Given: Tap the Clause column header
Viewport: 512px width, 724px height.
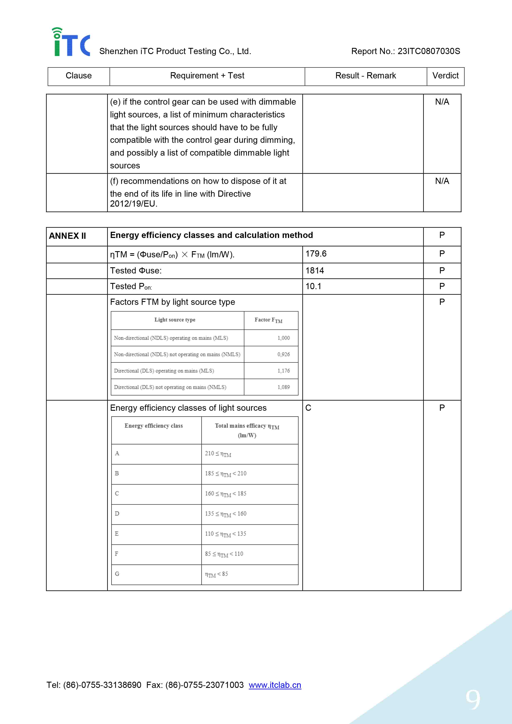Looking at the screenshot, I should click(x=78, y=76).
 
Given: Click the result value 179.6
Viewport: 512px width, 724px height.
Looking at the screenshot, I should click(x=316, y=254).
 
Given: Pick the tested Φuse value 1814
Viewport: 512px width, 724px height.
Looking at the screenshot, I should click(x=315, y=271).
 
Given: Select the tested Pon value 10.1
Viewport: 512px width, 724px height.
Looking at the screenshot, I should click(x=313, y=286).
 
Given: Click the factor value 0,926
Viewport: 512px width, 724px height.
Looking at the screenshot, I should click(x=283, y=354).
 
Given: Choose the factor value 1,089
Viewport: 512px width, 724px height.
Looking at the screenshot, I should click(x=283, y=387).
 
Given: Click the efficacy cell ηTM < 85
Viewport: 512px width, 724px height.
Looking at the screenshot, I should click(x=216, y=574).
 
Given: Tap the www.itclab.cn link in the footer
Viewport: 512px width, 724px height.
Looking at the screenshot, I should click(x=275, y=685).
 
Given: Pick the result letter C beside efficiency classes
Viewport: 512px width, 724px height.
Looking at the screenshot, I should click(x=308, y=408).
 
